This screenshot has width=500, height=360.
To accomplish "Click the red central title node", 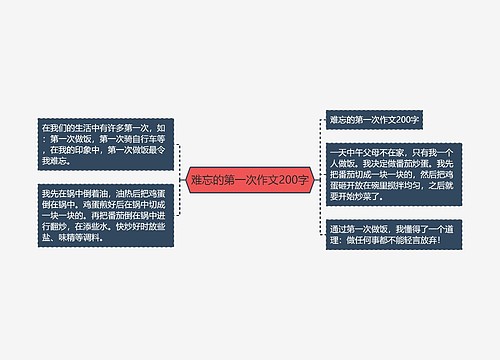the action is pos(250,180).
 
